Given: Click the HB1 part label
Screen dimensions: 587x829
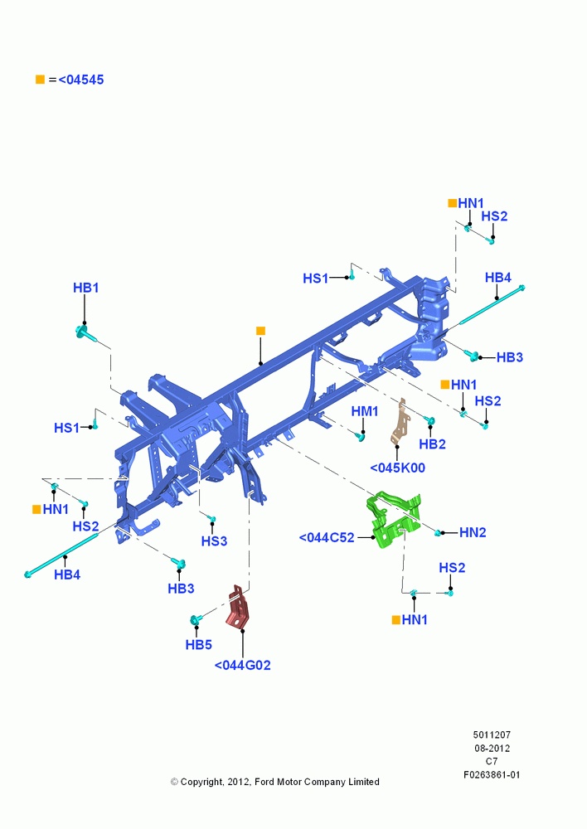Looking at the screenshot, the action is (x=85, y=288).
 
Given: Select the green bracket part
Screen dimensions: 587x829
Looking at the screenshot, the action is (x=394, y=521).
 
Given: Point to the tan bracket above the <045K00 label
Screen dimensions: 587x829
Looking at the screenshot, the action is (x=401, y=422).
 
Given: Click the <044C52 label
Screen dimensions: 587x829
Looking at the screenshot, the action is (x=327, y=538).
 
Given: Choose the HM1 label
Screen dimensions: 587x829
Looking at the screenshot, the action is (x=365, y=411).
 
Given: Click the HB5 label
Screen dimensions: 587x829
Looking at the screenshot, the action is (x=198, y=644).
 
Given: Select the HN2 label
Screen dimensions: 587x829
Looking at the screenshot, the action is (x=473, y=532).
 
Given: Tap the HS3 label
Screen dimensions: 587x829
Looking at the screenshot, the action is (x=214, y=541).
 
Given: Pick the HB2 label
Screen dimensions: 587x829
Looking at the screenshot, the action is (x=432, y=444).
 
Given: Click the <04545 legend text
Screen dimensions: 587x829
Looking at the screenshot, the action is (x=81, y=80).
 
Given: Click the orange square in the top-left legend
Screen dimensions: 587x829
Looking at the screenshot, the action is (x=40, y=80).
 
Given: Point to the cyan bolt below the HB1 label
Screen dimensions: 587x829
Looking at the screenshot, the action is (x=85, y=334).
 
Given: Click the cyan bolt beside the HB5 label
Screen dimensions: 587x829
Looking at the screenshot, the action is (x=196, y=619).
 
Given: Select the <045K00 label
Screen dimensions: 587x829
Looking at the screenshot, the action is (x=397, y=468).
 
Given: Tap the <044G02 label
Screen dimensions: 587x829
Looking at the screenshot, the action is (x=242, y=665).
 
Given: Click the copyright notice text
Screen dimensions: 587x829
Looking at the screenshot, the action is (x=275, y=782).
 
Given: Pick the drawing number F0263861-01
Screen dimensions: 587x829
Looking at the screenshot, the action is (x=492, y=774).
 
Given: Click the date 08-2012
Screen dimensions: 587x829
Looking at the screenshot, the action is (x=492, y=748).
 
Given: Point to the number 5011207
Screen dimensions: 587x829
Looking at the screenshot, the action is (x=492, y=734).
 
